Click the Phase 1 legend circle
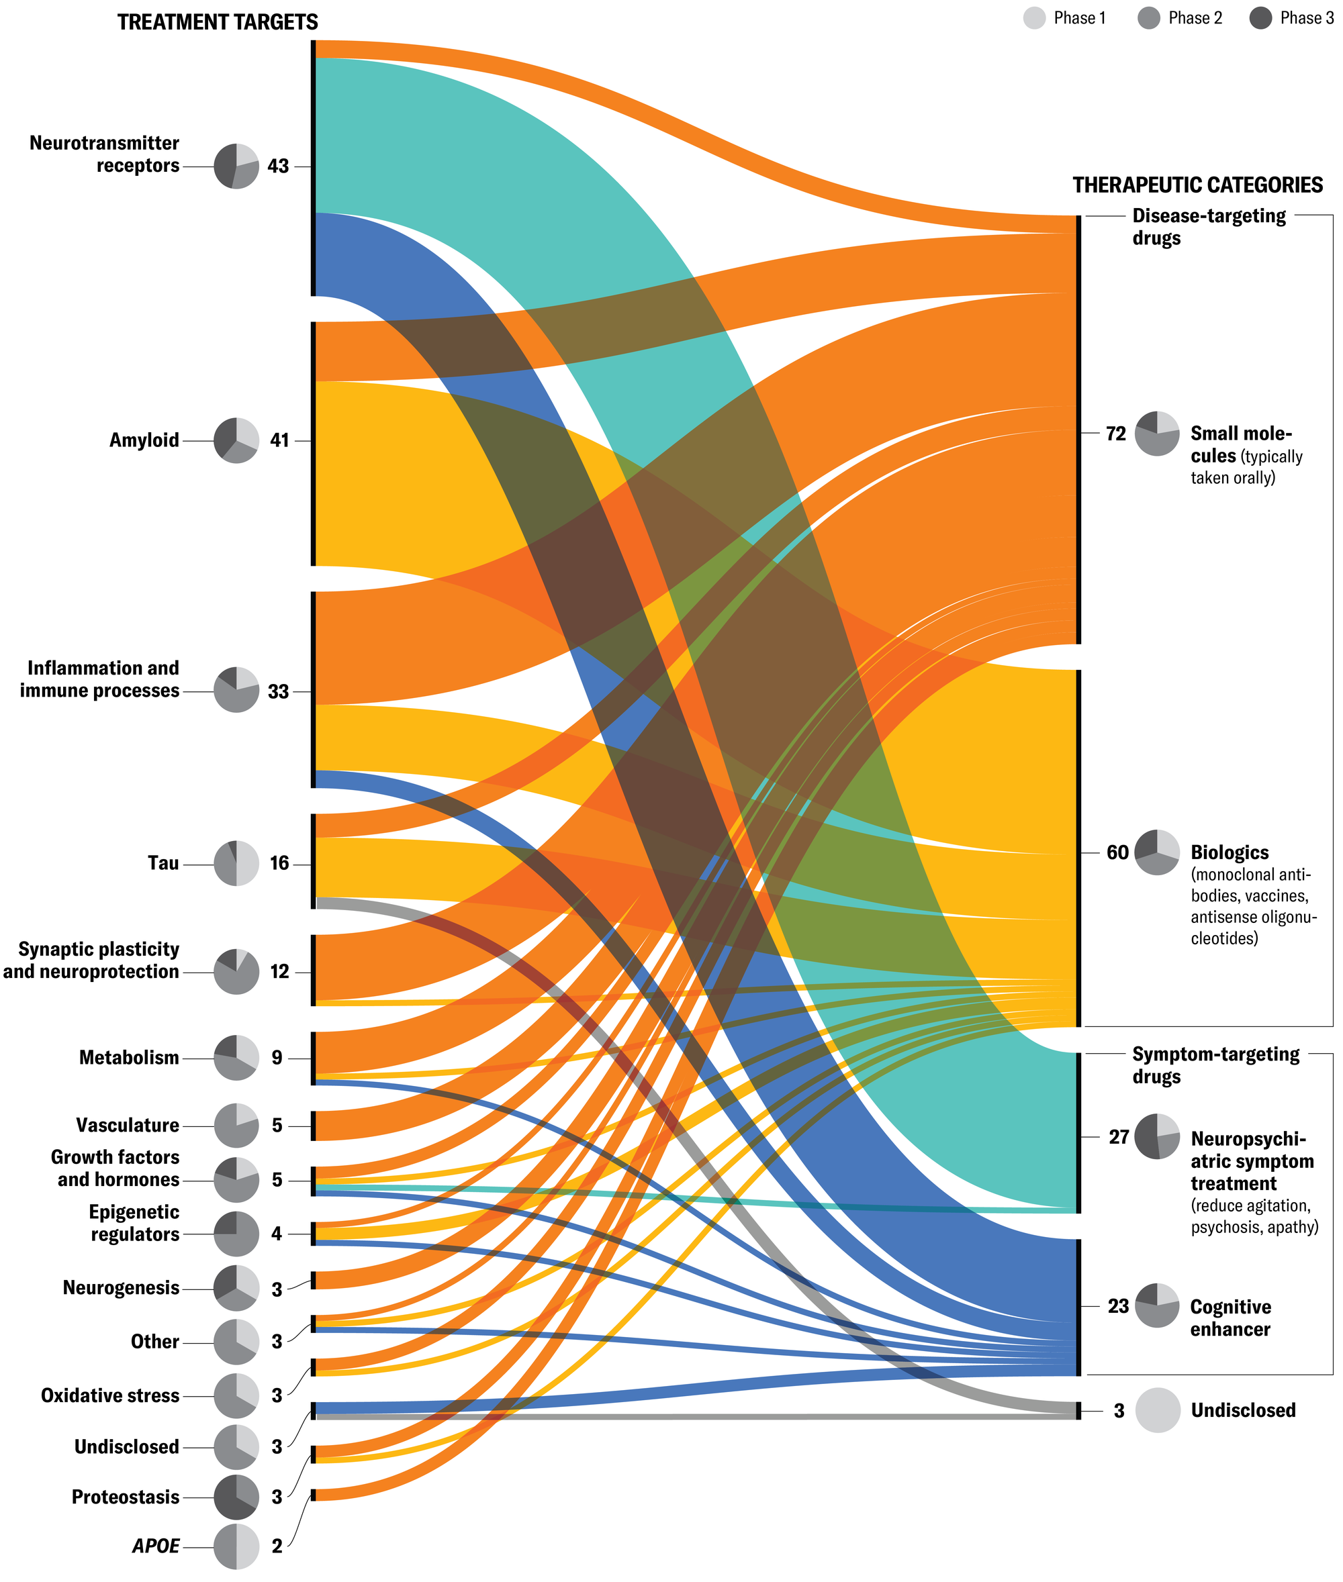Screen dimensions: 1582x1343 pos(1034,18)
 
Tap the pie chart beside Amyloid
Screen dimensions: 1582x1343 pos(236,440)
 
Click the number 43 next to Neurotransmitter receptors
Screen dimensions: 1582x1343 pos(278,166)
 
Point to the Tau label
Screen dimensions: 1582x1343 pos(163,863)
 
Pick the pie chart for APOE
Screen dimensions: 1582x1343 pos(236,1546)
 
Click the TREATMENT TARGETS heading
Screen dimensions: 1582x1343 pos(218,22)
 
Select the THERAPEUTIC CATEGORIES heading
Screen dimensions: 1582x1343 pos(1197,185)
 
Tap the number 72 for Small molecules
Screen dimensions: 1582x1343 pos(1115,434)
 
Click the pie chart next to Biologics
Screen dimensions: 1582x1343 pos(1157,852)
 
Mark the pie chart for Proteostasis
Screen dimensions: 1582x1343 pos(236,1497)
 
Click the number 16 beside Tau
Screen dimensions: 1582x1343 pos(279,863)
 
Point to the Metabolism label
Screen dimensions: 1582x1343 pos(129,1058)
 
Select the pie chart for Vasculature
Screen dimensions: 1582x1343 pos(236,1125)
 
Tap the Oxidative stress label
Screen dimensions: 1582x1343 pos(109,1395)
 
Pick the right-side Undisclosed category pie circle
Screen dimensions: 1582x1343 pos(1157,1410)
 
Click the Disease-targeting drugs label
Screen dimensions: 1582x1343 pos(1208,227)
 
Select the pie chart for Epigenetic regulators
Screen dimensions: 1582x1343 pos(236,1234)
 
